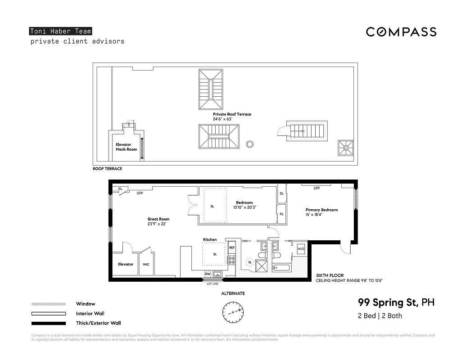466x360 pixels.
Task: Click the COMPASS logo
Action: tap(401, 32)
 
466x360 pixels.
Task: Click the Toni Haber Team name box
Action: tap(61, 31)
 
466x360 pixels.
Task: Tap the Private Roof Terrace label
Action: tap(232, 114)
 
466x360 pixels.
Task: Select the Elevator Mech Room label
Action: tap(126, 147)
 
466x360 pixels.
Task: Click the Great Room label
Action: tap(158, 219)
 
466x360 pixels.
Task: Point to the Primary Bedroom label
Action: tap(321, 210)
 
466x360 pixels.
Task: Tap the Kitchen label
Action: tap(210, 239)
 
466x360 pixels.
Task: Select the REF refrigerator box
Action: tap(232, 247)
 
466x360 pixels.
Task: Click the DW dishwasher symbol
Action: tap(208, 274)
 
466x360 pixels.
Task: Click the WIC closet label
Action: tap(146, 264)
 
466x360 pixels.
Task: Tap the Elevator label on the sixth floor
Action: tap(126, 264)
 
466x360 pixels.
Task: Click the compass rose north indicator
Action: tap(232, 310)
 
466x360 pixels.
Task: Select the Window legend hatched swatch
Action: tap(48, 304)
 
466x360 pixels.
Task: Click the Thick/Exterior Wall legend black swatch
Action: tap(48, 323)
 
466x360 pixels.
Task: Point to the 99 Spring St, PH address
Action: tap(396, 302)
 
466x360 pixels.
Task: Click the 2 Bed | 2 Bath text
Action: tap(380, 315)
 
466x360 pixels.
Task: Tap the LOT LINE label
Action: tap(212, 284)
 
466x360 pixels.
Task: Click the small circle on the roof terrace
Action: tap(249, 144)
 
